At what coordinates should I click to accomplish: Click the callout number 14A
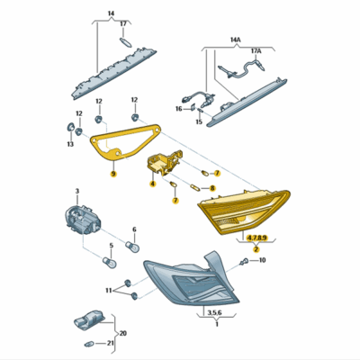point(236,40)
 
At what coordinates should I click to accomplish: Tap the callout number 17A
point(256,51)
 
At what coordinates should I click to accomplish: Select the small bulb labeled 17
point(125,42)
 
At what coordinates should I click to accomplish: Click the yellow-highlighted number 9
point(113,174)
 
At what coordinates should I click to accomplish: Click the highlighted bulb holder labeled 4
point(164,163)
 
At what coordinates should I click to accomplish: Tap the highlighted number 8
point(212,188)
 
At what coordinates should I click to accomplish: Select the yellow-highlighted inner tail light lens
point(244,211)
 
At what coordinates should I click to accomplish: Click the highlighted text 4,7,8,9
point(256,238)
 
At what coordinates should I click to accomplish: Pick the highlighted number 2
point(256,249)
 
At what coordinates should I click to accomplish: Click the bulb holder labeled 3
point(83,220)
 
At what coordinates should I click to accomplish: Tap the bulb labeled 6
point(132,247)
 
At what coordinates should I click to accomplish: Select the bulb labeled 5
point(110,262)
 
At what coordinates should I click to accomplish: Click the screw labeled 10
point(244,262)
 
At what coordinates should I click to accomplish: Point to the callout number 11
point(109,291)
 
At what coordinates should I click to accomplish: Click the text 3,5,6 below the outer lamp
point(214,312)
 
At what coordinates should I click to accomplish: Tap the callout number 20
point(123,333)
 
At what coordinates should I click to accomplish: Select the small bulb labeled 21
point(90,344)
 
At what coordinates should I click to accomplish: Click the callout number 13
point(70,145)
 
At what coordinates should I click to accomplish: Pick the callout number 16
point(179,109)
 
